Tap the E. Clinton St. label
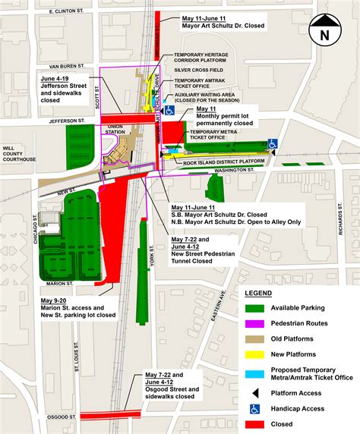[68, 12]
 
